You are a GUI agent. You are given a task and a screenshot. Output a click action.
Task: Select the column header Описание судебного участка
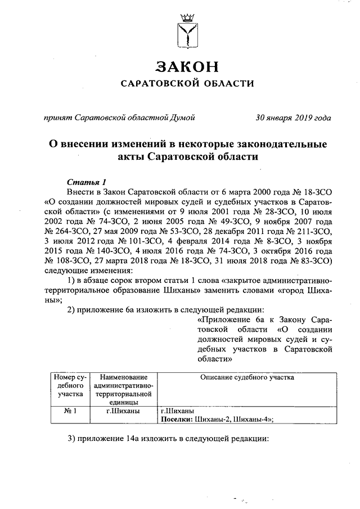[247, 377]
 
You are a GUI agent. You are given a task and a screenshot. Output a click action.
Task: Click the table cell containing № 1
[70, 411]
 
